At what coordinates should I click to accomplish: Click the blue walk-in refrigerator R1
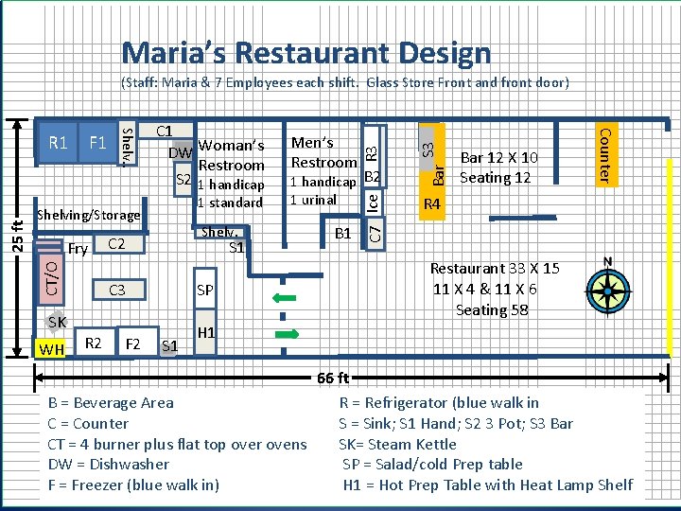[x=58, y=143]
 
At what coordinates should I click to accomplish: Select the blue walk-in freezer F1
[x=98, y=143]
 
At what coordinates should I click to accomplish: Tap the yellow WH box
[x=50, y=348]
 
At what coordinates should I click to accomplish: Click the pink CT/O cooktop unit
[x=51, y=279]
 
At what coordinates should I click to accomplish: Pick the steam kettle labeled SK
[x=57, y=322]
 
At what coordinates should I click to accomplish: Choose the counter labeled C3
[x=119, y=290]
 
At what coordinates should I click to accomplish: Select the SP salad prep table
[x=205, y=289]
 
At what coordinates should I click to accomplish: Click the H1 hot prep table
[x=205, y=332]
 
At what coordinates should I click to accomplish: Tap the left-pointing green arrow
[x=285, y=298]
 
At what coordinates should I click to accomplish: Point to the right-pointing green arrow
[x=288, y=334]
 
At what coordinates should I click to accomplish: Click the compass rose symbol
[x=608, y=290]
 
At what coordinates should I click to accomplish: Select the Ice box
[x=373, y=203]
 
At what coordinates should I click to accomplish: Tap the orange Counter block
[x=606, y=155]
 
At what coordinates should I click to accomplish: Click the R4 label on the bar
[x=431, y=203]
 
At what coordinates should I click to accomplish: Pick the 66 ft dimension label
[x=333, y=378]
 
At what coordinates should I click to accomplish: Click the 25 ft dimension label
[x=18, y=237]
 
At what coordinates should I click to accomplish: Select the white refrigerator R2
[x=95, y=342]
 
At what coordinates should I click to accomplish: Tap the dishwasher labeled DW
[x=181, y=152]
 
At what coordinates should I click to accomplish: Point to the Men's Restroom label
[x=323, y=152]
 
